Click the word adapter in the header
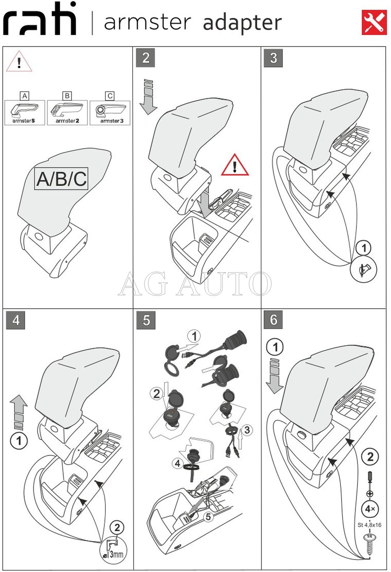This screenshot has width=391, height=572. coord(242,23)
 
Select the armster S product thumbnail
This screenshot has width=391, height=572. coord(25,112)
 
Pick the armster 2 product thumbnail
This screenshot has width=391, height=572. coord(67,112)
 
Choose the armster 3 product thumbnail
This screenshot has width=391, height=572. coord(110,112)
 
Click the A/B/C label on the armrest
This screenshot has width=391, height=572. coord(62,178)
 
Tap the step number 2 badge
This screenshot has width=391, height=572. coord(146,58)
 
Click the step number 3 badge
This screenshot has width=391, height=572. coord(273,58)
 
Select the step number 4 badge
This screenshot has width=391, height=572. coord(16,320)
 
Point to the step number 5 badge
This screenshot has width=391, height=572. coord(146,320)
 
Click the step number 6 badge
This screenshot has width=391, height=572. coord(273,319)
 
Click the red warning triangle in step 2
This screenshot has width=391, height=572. coord(235,166)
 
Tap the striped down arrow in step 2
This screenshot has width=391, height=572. coord(148,97)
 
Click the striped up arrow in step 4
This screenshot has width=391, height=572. coord(19,412)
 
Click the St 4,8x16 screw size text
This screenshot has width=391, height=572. coord(369,525)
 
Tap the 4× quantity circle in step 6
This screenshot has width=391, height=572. coord(370,509)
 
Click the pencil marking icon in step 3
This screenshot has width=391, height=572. coord(364,269)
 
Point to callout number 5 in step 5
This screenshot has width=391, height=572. coord(208,516)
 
